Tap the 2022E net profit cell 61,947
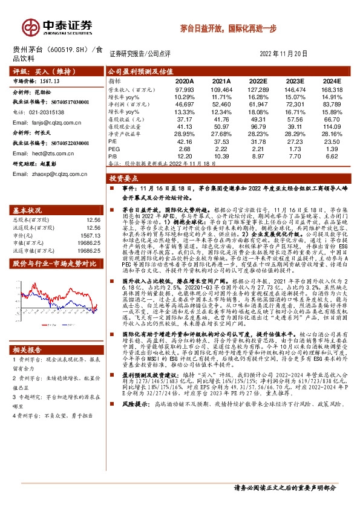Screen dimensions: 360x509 pyautogui.click(x=258, y=104)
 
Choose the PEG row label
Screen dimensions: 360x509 pyautogui.click(x=114, y=149)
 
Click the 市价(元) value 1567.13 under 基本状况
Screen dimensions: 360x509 pyautogui.click(x=90, y=235)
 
